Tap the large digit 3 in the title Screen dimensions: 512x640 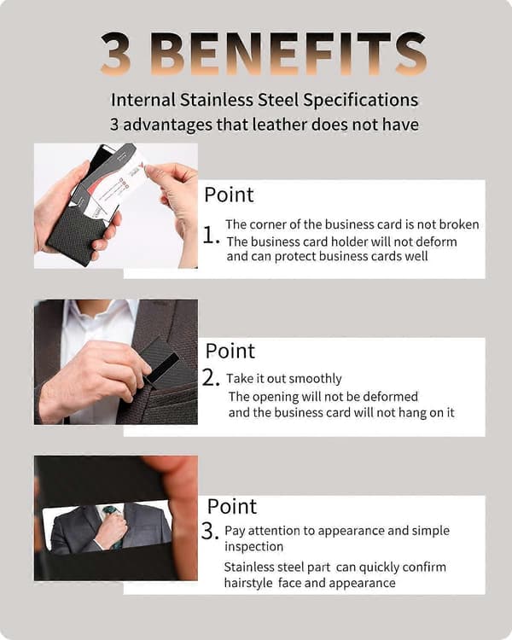[116, 54]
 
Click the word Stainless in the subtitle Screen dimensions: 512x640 [217, 100]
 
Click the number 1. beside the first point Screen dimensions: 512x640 [211, 236]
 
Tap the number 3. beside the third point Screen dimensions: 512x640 [210, 532]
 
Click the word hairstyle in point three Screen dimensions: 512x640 [248, 583]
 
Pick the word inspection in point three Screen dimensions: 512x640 [254, 547]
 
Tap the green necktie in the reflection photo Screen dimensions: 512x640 [113, 525]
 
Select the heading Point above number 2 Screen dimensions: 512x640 [230, 351]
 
